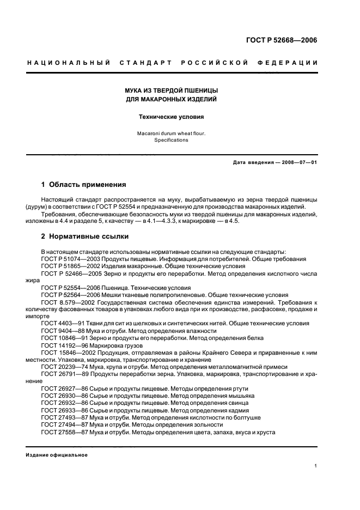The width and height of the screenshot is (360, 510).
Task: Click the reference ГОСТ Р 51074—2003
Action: pos(68,259)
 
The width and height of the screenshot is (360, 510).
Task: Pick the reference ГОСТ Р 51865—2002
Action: pos(68,266)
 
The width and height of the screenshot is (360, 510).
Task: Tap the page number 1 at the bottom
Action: pos(316,466)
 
